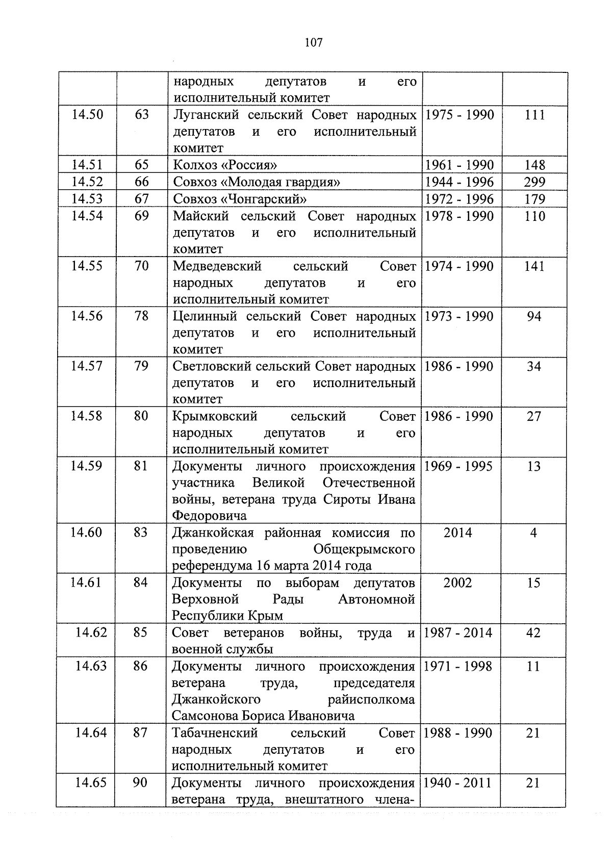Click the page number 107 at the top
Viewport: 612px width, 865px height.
313,43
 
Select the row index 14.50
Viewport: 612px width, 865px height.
87,114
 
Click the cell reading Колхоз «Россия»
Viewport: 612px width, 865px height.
225,165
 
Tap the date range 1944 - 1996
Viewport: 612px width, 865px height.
459,182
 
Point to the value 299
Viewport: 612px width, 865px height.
534,182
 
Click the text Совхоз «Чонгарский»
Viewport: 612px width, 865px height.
240,198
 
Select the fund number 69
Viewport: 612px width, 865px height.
141,215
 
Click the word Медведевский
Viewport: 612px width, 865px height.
217,266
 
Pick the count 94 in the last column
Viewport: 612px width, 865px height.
534,316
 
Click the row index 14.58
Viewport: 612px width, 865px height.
86,416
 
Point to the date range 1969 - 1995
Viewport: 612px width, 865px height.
458,466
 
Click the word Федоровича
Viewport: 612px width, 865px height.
209,515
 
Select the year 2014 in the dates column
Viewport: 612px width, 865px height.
457,532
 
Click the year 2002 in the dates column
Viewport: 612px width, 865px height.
457,582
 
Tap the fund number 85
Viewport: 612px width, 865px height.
140,632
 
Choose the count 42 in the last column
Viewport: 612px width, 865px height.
533,632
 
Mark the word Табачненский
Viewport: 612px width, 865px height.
215,733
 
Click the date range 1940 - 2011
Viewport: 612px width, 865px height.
457,782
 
